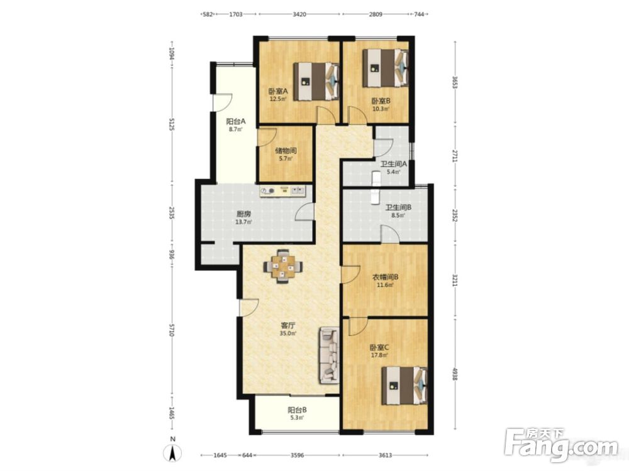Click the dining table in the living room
coord(283,266)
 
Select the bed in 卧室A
coord(316,81)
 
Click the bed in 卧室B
coord(386,68)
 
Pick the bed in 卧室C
coord(404,386)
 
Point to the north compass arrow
coord(172,453)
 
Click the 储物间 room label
coord(285,151)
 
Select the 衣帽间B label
coord(385,277)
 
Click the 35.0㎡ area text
coord(289,333)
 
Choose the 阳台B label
coord(298,410)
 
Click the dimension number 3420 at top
coord(299,14)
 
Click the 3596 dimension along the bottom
coord(298,455)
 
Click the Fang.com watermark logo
coord(561,445)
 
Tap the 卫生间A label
coord(394,164)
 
